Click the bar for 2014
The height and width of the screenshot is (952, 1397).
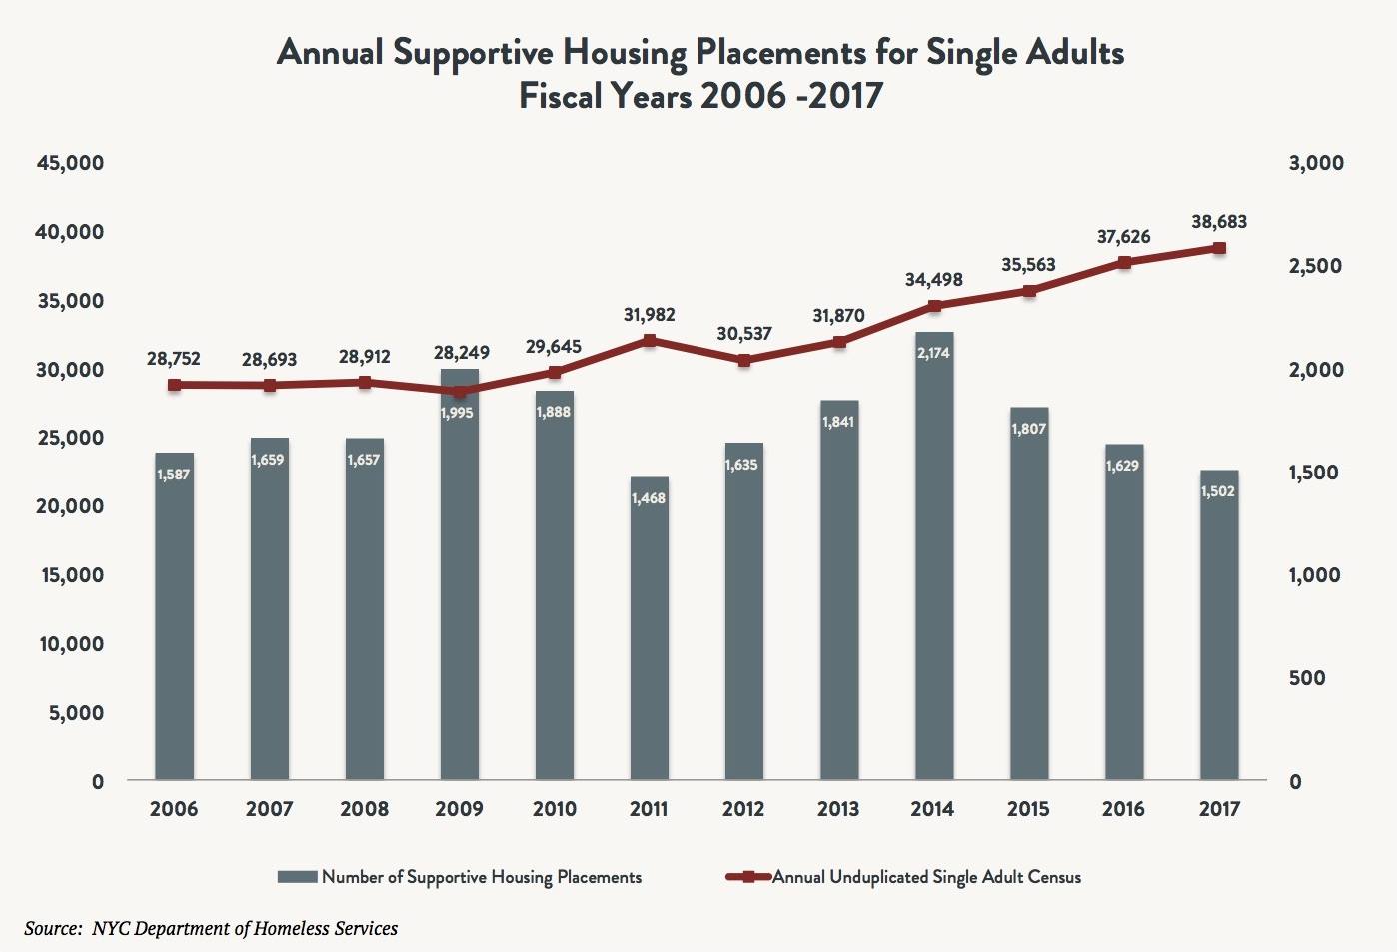933,559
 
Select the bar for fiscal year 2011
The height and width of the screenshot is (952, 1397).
649,629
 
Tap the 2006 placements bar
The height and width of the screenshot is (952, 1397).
174,619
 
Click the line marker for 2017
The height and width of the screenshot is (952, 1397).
1219,248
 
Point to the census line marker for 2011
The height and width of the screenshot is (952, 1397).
650,341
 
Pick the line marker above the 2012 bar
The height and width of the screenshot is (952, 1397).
743,361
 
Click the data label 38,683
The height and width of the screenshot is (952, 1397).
1218,222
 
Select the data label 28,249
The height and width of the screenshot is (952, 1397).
461,353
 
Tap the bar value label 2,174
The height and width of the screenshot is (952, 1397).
933,353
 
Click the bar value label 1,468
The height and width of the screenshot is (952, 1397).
649,497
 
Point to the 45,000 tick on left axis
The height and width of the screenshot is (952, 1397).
70,163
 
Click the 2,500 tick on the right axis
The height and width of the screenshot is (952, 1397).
1315,266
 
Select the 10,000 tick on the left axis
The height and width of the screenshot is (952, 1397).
71,644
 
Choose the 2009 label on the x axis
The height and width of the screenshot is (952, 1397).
459,809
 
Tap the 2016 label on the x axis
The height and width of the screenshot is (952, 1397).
1123,809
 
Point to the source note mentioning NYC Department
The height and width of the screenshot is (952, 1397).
211,929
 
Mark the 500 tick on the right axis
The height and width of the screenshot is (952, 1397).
1307,678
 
